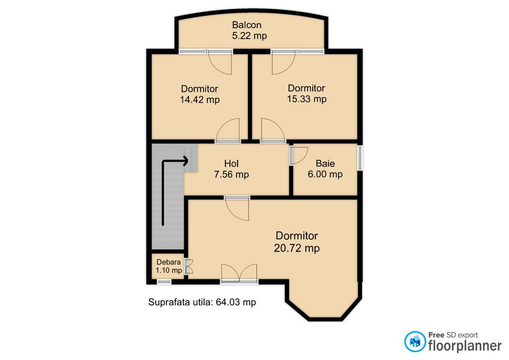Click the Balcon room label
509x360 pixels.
click(x=247, y=25)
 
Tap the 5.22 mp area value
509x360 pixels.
click(x=249, y=36)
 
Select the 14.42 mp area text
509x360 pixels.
click(x=200, y=100)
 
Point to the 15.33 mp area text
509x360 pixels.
click(x=307, y=99)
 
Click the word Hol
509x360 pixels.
click(x=232, y=164)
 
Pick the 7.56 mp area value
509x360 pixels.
click(x=232, y=174)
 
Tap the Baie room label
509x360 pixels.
click(x=325, y=163)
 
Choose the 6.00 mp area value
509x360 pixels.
click(x=325, y=174)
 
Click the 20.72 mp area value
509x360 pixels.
click(x=297, y=248)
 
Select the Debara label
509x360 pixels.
click(x=169, y=262)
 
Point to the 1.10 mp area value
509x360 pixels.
click(x=169, y=270)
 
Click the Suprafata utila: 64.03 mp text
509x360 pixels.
click(x=202, y=302)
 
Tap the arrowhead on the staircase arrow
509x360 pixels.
click(x=186, y=161)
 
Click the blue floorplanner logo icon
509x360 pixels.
click(x=415, y=341)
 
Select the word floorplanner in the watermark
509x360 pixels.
click(x=465, y=345)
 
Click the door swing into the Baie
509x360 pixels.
click(x=299, y=155)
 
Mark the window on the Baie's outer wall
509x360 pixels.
click(x=359, y=158)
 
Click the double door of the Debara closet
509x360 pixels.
click(x=189, y=266)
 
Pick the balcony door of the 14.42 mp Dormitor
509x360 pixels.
click(x=220, y=62)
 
